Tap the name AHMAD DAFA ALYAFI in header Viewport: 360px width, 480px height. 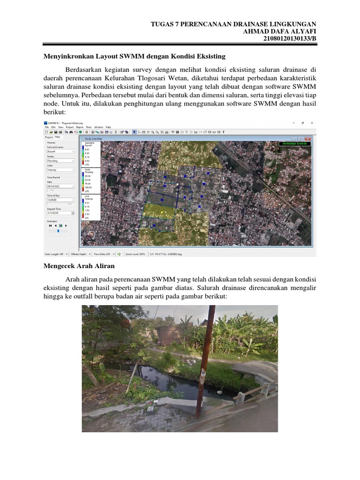pos(278,31)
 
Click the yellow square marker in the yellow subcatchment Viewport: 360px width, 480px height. pos(161,212)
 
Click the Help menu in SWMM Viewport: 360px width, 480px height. pos(108,127)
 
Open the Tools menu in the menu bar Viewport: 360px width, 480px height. pos(89,127)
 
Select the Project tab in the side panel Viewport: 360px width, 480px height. pos(48,137)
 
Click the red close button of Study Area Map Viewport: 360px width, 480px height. pos(308,139)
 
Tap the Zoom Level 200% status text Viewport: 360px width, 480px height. pos(135,254)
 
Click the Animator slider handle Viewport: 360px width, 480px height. pos(58,230)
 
